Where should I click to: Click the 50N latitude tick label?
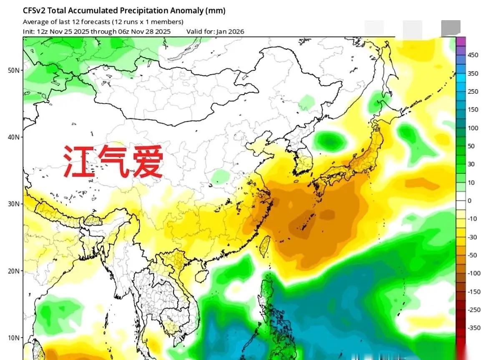pos(13,70)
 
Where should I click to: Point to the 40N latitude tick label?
pos(13,137)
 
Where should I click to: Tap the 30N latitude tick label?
pos(13,204)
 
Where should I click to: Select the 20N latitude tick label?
pos(13,271)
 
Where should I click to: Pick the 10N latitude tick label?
pos(13,337)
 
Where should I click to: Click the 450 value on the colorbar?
pos(473,55)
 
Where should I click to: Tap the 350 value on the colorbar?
pos(473,73)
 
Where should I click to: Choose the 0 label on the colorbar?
pos(470,200)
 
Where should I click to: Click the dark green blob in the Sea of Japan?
pos(330,142)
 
